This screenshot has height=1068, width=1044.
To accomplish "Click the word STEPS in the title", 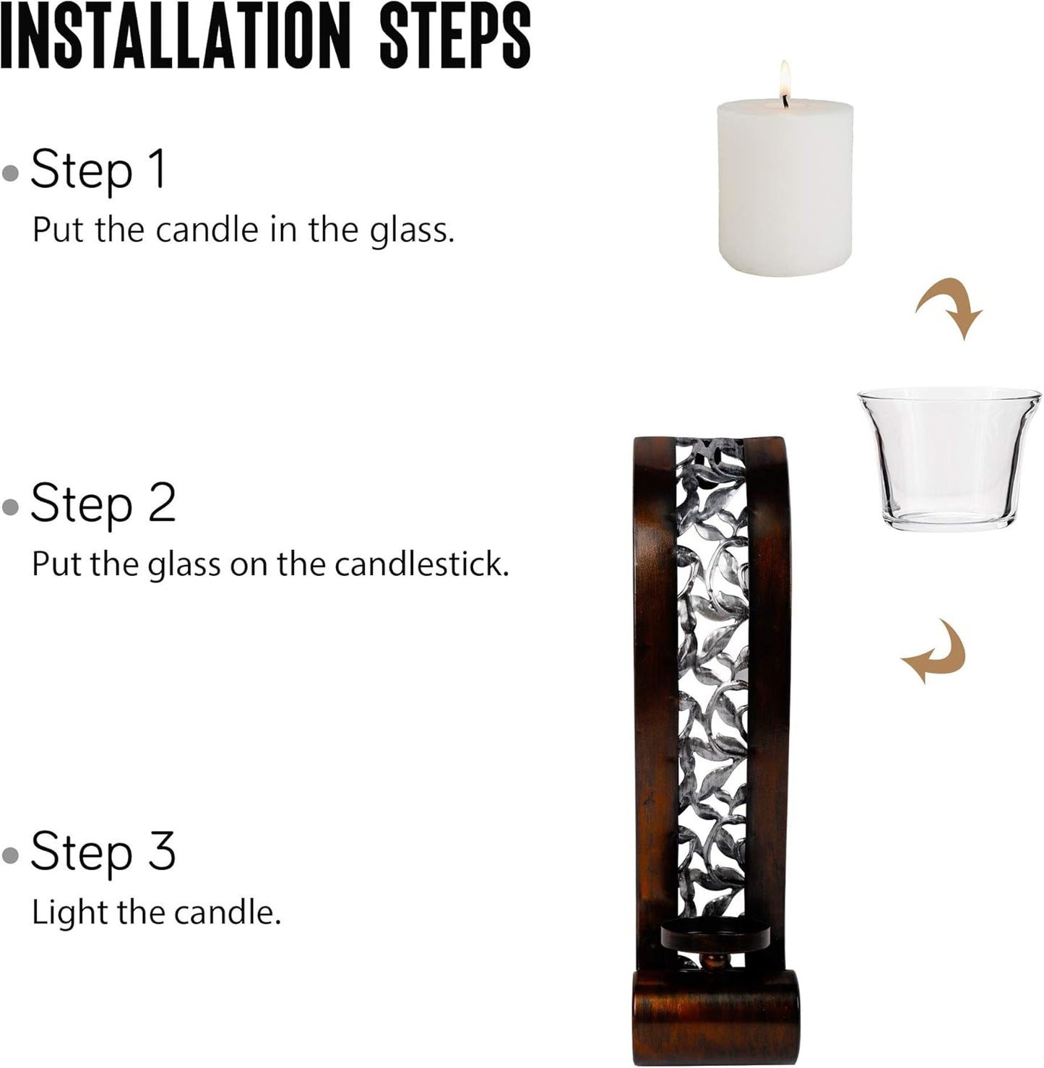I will (454, 35).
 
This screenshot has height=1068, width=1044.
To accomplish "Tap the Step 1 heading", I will (98, 170).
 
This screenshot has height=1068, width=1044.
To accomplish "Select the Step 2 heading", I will (103, 504).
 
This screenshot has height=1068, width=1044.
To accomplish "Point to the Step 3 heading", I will (103, 851).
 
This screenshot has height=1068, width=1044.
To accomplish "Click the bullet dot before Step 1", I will (10, 173).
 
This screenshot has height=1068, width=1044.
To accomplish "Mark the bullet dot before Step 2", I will (10, 507).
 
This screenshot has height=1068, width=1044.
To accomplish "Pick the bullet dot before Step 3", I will (10, 855).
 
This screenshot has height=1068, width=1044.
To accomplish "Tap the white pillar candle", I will (785, 191).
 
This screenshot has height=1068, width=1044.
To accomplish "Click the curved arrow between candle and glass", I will (950, 307).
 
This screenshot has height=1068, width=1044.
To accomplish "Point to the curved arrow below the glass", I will (934, 650).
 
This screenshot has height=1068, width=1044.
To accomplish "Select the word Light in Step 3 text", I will (69, 912).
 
